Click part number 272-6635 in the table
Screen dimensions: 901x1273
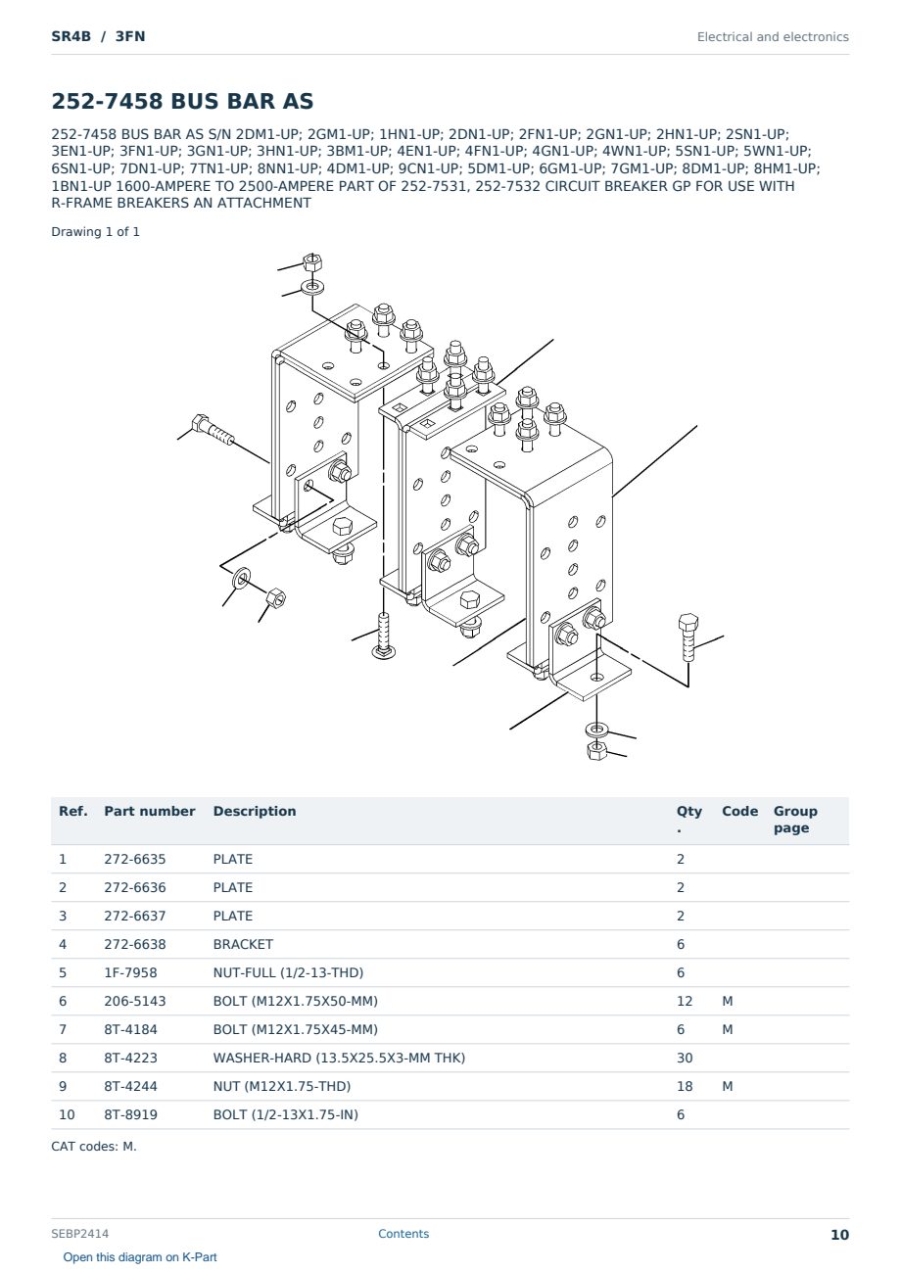(135, 859)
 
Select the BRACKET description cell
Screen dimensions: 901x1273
(243, 944)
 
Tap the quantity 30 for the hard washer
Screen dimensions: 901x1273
(685, 1058)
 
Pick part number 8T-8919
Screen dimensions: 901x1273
(130, 1114)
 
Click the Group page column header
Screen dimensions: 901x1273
(794, 819)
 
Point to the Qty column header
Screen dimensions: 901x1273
(688, 819)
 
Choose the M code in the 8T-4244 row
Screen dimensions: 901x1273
(727, 1086)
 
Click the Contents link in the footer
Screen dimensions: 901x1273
(403, 1234)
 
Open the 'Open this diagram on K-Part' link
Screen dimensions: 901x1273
(140, 1256)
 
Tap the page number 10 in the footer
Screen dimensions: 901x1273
(839, 1235)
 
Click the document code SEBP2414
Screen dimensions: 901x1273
(79, 1234)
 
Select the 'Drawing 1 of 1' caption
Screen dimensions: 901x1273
(95, 232)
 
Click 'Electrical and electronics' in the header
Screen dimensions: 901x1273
(773, 37)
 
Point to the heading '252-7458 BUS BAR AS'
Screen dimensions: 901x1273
(182, 101)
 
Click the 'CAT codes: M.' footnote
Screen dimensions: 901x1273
(94, 1147)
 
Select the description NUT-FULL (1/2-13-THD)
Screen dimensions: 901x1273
(288, 972)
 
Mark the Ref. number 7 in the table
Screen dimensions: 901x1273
(63, 1029)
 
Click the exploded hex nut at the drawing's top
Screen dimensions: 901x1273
(312, 262)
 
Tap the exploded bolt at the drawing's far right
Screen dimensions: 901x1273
(688, 637)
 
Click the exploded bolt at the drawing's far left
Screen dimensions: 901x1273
(213, 429)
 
